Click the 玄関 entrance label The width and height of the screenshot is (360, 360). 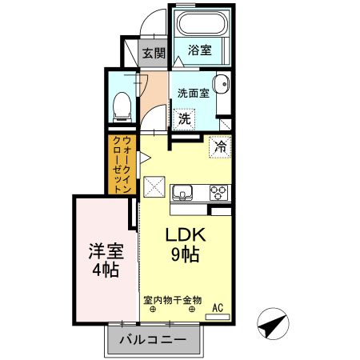(x=154, y=54)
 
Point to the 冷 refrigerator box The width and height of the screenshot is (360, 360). (x=219, y=147)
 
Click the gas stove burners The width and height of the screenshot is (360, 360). (x=218, y=192)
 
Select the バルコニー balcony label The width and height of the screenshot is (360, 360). (x=153, y=340)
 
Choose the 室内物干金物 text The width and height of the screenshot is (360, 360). (x=173, y=301)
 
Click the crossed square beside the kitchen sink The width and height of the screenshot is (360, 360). (x=154, y=190)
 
